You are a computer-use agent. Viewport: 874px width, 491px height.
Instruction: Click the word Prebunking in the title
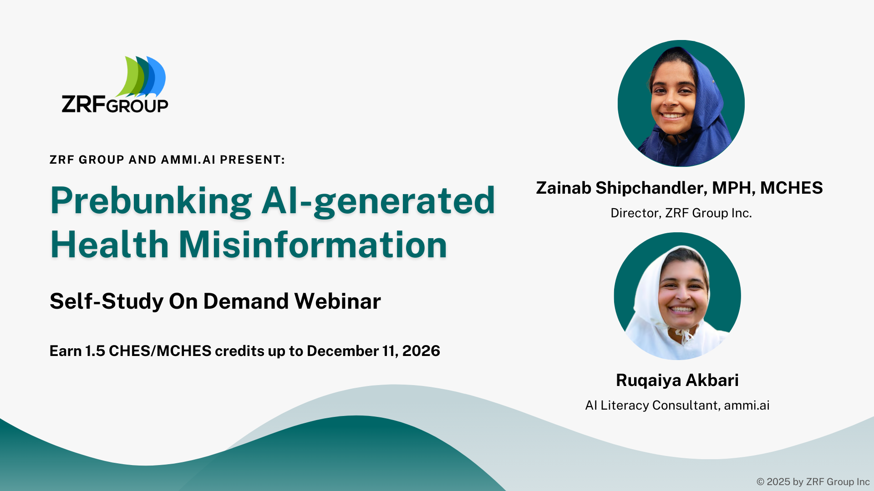point(151,201)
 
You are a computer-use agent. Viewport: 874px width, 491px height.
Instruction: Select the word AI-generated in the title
point(378,201)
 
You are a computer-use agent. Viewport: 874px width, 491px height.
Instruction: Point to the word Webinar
point(337,301)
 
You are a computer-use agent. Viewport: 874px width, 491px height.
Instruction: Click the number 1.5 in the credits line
point(95,351)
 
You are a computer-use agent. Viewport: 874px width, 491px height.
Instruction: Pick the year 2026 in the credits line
point(421,351)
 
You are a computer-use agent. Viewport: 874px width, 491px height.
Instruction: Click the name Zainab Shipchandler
point(621,188)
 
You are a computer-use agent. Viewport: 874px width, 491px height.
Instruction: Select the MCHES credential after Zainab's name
point(791,188)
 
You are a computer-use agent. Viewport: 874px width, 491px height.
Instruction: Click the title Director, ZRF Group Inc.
point(681,213)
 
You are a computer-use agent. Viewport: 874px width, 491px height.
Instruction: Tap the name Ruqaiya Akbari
point(677,380)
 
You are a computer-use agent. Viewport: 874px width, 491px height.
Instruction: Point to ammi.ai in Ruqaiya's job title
point(747,405)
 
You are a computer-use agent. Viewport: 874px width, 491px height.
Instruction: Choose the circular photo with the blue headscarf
point(681,103)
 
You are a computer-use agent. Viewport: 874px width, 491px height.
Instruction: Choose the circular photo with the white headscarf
point(677,296)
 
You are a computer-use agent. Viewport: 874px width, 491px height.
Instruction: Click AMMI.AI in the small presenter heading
point(188,160)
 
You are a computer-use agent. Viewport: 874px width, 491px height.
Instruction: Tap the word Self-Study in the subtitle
point(107,301)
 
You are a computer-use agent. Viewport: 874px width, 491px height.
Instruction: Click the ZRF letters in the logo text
point(84,104)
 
